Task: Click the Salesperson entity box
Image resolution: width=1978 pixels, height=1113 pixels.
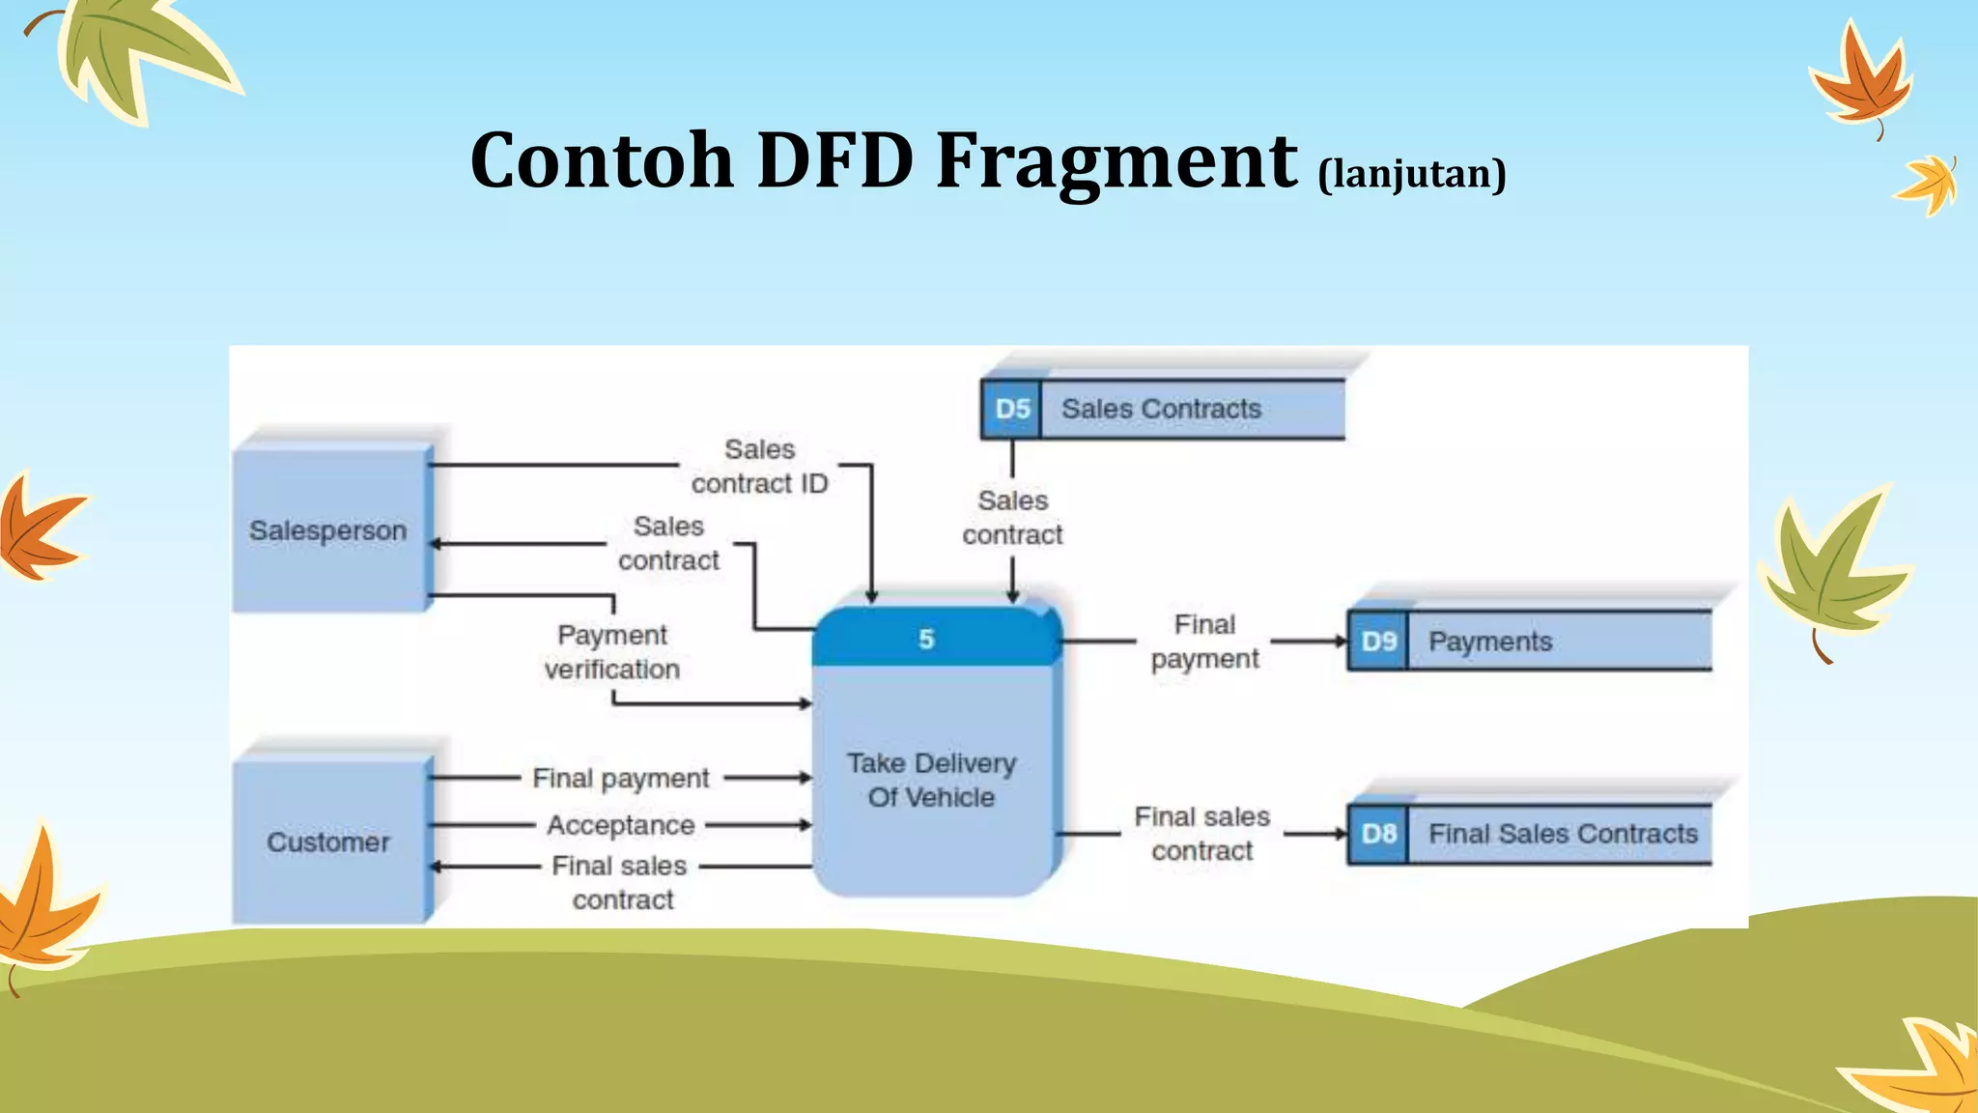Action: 328,529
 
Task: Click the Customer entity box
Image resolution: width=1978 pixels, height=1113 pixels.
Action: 328,842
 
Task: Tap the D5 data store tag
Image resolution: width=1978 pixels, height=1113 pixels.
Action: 1011,409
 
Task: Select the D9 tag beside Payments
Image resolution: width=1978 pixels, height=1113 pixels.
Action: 1378,642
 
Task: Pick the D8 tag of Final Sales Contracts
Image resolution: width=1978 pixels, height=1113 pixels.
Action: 1378,834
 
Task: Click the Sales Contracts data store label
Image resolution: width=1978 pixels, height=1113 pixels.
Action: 1161,409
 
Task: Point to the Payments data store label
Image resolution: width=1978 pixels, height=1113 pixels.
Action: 1489,642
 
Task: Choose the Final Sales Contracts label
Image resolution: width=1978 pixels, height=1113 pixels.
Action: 1562,834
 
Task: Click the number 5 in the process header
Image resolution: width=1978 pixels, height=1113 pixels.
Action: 926,639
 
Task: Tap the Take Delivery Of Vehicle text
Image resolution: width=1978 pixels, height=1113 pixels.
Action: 931,780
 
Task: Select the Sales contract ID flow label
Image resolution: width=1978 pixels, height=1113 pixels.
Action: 759,467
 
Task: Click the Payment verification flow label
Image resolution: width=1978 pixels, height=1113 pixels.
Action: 611,652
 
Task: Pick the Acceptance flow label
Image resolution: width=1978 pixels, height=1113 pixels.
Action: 620,825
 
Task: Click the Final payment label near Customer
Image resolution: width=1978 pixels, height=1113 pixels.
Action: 620,778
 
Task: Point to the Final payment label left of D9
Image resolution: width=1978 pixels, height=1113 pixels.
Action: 1204,642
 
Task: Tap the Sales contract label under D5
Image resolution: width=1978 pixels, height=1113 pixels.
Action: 1012,518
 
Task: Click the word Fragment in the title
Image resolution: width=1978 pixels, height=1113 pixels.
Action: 1116,160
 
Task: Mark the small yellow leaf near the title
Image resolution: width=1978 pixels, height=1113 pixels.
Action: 1928,184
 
